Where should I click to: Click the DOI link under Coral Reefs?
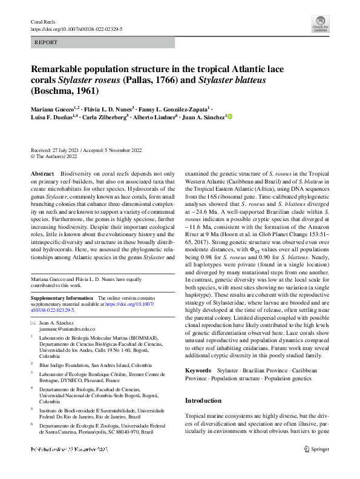pos(76,28)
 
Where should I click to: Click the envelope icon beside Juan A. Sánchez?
pos(33,322)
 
